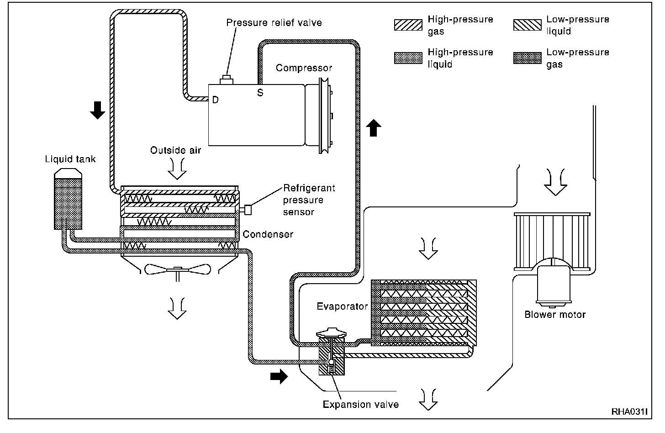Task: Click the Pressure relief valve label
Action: coord(274,22)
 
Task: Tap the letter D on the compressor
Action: coord(215,100)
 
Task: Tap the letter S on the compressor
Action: coord(260,93)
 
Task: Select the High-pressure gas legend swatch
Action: coord(408,25)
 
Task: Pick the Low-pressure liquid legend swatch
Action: coord(527,25)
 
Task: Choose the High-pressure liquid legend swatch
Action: coord(408,58)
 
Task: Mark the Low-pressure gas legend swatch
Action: coord(527,58)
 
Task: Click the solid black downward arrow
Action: coord(97,110)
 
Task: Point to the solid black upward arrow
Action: coord(374,127)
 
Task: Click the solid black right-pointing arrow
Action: coord(279,376)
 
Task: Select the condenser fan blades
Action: coord(177,270)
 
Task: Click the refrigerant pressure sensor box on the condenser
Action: coord(248,210)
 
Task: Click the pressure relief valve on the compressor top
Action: coord(226,80)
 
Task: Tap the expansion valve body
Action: coord(332,356)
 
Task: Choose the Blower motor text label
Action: coord(554,314)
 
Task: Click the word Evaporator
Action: coord(342,306)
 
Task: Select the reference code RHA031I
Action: coord(629,412)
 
